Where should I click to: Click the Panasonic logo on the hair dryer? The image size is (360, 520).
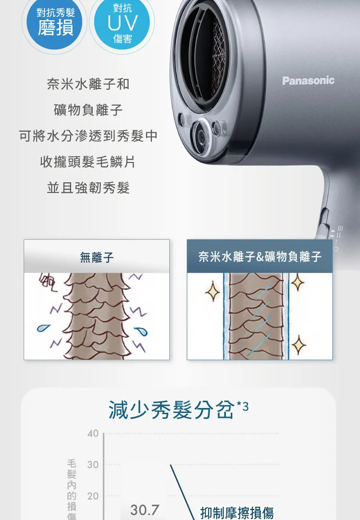point(308,81)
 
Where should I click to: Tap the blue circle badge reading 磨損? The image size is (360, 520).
point(55,23)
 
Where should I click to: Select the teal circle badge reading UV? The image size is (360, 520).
point(122,23)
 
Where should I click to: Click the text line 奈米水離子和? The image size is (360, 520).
point(88,84)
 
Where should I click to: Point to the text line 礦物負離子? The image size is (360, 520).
point(88,110)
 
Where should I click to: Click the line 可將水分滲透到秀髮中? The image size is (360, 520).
point(88,136)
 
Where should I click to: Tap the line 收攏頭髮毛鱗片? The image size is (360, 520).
point(88,162)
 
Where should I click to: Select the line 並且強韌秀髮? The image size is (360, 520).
point(88,188)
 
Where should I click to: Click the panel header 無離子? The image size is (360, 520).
point(97,257)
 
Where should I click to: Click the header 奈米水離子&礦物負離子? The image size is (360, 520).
point(260,256)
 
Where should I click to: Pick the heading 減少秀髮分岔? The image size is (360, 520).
point(171,410)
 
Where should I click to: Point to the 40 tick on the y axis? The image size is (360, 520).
point(93,434)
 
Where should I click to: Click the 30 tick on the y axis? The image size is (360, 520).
point(93,465)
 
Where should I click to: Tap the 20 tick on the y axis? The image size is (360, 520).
point(93,496)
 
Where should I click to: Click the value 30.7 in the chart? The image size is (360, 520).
point(144,510)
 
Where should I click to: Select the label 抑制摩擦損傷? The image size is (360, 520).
point(237,513)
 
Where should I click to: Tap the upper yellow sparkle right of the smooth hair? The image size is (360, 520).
point(297,282)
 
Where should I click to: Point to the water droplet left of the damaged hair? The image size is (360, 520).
point(43,327)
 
